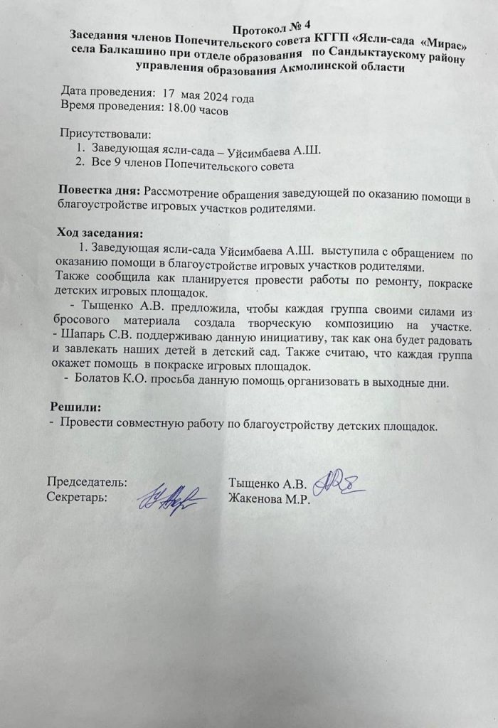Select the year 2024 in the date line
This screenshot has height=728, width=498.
[x=213, y=98]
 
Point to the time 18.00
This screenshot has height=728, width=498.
[x=179, y=111]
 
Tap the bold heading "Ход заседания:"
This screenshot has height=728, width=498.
[x=100, y=233]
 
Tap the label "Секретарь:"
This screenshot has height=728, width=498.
[x=77, y=496]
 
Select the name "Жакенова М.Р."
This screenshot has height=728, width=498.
[x=270, y=498]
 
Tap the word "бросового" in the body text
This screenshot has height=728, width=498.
[x=85, y=326]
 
